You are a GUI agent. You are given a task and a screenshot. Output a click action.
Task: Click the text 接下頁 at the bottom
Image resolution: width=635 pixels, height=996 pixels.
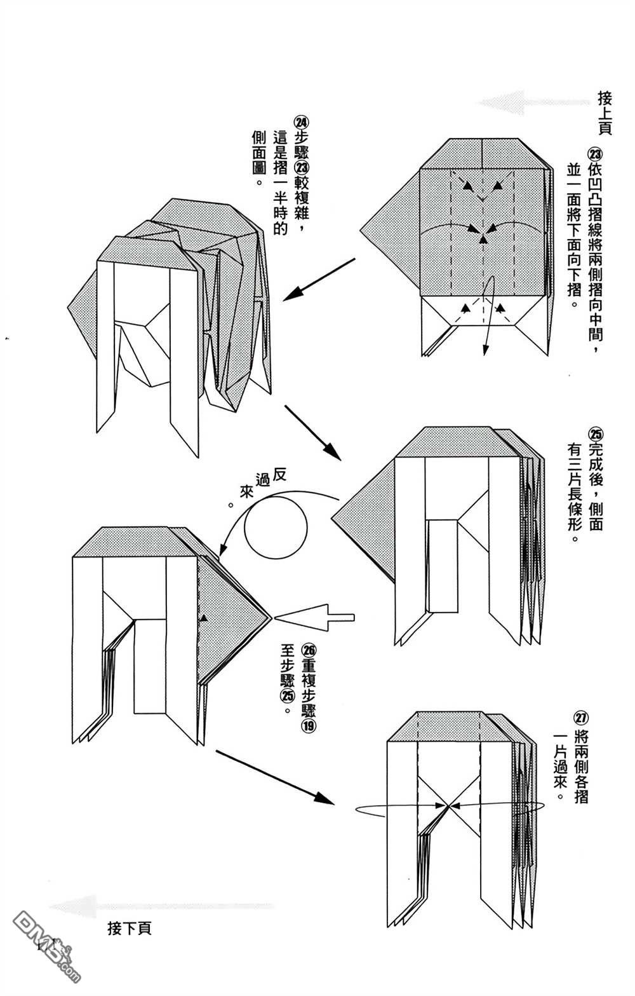130,929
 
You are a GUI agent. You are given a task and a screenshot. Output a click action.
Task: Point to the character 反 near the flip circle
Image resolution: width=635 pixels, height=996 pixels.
279,474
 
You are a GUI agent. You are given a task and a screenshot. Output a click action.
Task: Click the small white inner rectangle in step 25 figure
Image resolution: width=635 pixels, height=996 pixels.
443,566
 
